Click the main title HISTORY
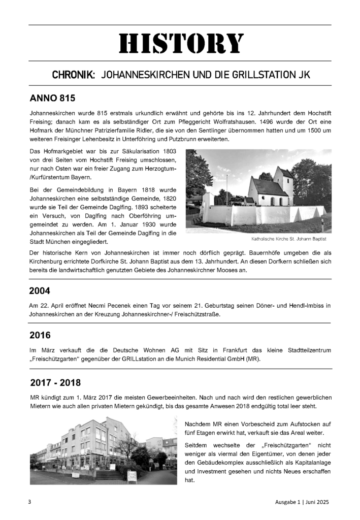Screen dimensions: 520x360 pyautogui.click(x=181, y=44)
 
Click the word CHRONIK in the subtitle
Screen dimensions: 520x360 pyautogui.click(x=74, y=75)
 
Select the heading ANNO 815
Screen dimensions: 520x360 pyautogui.click(x=52, y=97)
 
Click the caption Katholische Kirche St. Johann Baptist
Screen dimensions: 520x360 pyautogui.click(x=288, y=239)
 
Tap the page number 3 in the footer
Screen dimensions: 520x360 pyautogui.click(x=30, y=502)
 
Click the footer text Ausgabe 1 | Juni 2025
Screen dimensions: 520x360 pyautogui.click(x=299, y=502)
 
